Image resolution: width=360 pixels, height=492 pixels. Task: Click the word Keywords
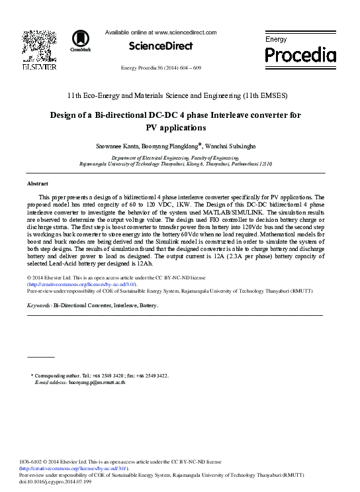[x=39, y=306]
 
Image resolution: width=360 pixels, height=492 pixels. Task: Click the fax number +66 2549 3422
[x=154, y=375]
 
